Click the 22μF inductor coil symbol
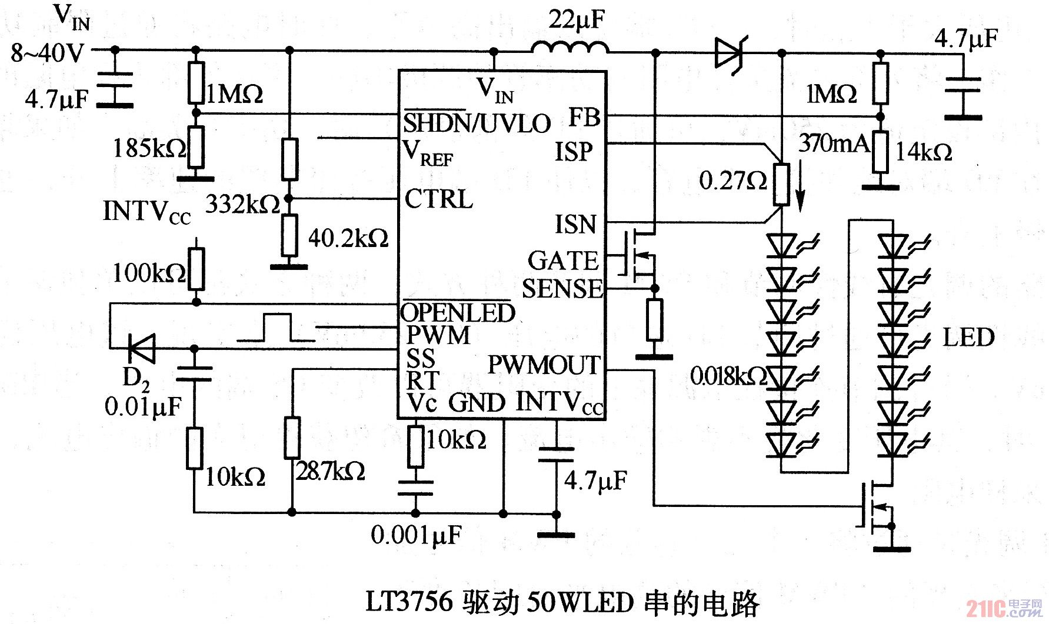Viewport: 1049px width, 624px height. point(570,48)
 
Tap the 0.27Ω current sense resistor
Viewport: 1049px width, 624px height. point(781,184)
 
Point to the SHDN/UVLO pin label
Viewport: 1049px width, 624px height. point(477,123)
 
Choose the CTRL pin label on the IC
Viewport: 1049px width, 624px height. point(439,199)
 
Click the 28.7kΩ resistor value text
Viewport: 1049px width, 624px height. point(330,471)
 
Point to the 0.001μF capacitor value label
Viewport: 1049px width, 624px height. point(416,535)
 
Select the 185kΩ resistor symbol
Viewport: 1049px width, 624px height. point(197,147)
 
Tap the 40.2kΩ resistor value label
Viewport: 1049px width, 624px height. point(348,238)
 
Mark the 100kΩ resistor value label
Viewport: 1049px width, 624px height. point(149,272)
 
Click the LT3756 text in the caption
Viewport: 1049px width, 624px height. point(409,602)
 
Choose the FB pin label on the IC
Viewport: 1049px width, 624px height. point(584,118)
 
